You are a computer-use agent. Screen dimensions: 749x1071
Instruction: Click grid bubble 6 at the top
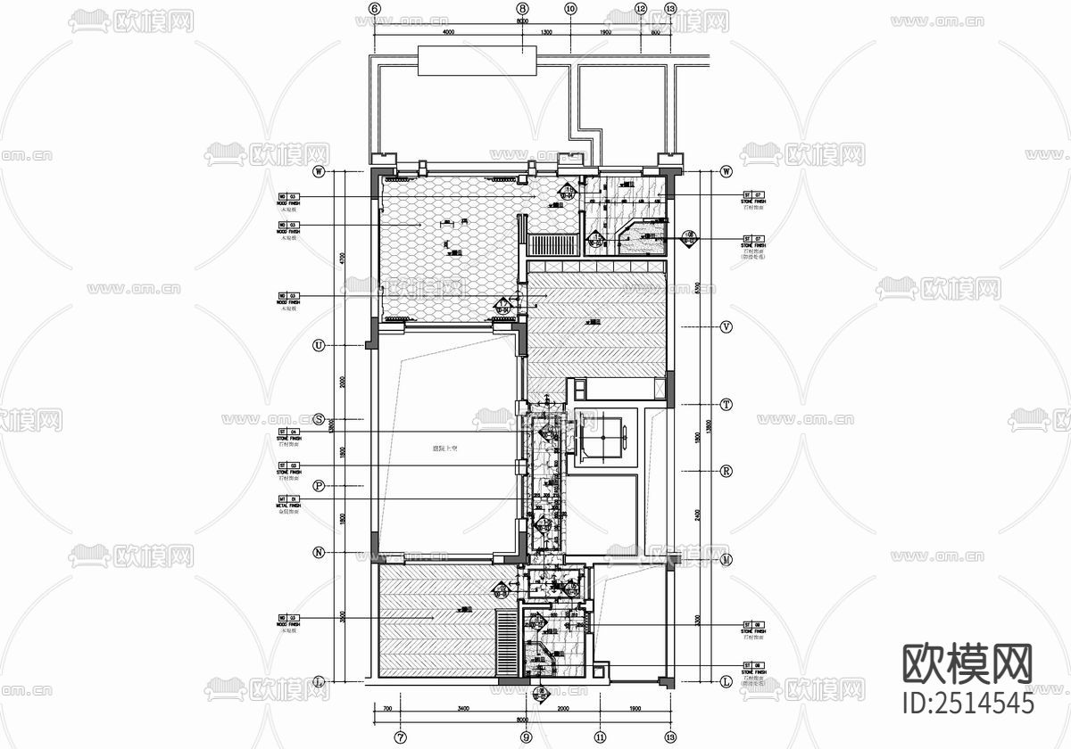(x=374, y=9)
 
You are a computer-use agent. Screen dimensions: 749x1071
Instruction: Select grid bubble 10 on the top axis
(x=570, y=9)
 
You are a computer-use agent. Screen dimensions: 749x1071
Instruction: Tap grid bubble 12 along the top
(x=640, y=9)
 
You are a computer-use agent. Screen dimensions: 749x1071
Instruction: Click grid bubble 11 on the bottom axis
(x=600, y=737)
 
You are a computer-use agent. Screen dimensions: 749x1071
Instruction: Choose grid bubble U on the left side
(x=319, y=346)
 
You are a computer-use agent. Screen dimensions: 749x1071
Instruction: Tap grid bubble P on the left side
(x=319, y=486)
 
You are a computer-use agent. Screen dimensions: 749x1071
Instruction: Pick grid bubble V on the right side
(x=726, y=327)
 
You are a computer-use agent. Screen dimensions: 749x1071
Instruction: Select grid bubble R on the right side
(x=726, y=471)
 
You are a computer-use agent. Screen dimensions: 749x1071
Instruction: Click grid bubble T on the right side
(x=726, y=404)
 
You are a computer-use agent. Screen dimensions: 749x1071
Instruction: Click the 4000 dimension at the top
(x=448, y=31)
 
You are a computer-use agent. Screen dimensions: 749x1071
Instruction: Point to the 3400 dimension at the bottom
(x=461, y=709)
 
